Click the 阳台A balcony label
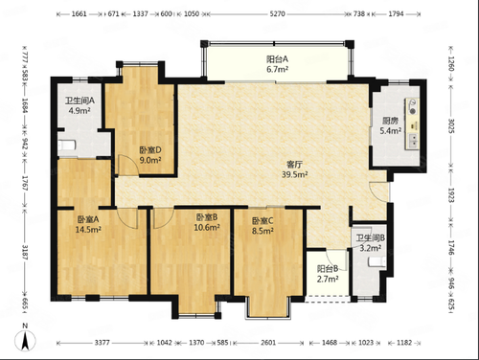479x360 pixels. pos(277,59)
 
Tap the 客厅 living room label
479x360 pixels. pos(294,165)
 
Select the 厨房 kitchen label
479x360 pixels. pos(390,121)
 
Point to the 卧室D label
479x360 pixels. pos(150,149)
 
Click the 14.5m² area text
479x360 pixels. pos(88,229)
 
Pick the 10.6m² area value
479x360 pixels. pos(207,227)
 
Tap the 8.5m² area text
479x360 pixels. pos(262,231)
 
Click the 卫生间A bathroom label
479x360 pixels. pos(80,101)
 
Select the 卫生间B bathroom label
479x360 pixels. pos(371,238)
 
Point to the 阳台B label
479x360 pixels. pos(328,269)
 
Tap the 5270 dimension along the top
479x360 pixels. pos(277,13)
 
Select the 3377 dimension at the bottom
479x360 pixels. pos(103,343)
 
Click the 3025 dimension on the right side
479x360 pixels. pos(450,125)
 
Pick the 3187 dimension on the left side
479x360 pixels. pos(25,252)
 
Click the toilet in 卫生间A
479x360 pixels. pos(67,146)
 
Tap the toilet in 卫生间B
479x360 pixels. pos(376,262)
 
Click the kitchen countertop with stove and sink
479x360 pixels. pos(412,124)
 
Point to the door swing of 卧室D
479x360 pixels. pos(128,165)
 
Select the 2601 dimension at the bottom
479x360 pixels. pos(268,343)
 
